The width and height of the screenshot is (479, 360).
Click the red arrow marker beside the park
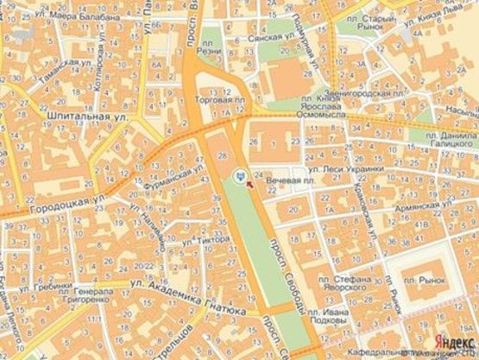pos(250,181)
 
